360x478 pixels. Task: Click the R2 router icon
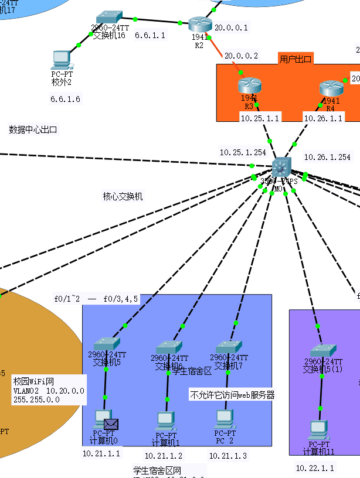point(199,24)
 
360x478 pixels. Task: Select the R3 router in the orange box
point(249,86)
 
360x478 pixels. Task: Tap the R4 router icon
point(330,88)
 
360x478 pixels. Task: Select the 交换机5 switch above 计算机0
point(107,344)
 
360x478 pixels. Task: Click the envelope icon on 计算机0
point(111,424)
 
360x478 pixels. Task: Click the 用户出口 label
point(296,59)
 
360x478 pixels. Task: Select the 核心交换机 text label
point(123,197)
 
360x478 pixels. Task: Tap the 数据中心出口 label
point(33,129)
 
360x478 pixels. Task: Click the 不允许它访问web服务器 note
point(232,395)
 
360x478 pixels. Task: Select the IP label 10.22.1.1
point(315,468)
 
